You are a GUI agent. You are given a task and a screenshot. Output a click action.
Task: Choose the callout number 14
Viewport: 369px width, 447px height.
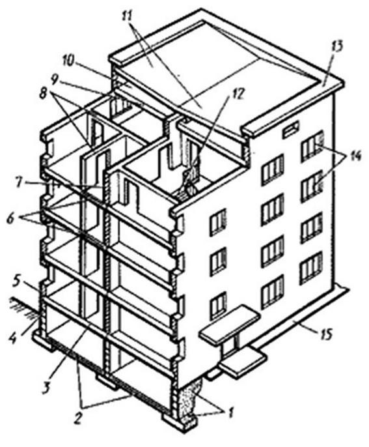pyautogui.click(x=353, y=156)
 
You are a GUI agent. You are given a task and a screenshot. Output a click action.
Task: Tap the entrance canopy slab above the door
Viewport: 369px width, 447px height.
pyautogui.click(x=230, y=323)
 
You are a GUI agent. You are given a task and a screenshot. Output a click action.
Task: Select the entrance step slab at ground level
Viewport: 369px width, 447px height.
pyautogui.click(x=243, y=362)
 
